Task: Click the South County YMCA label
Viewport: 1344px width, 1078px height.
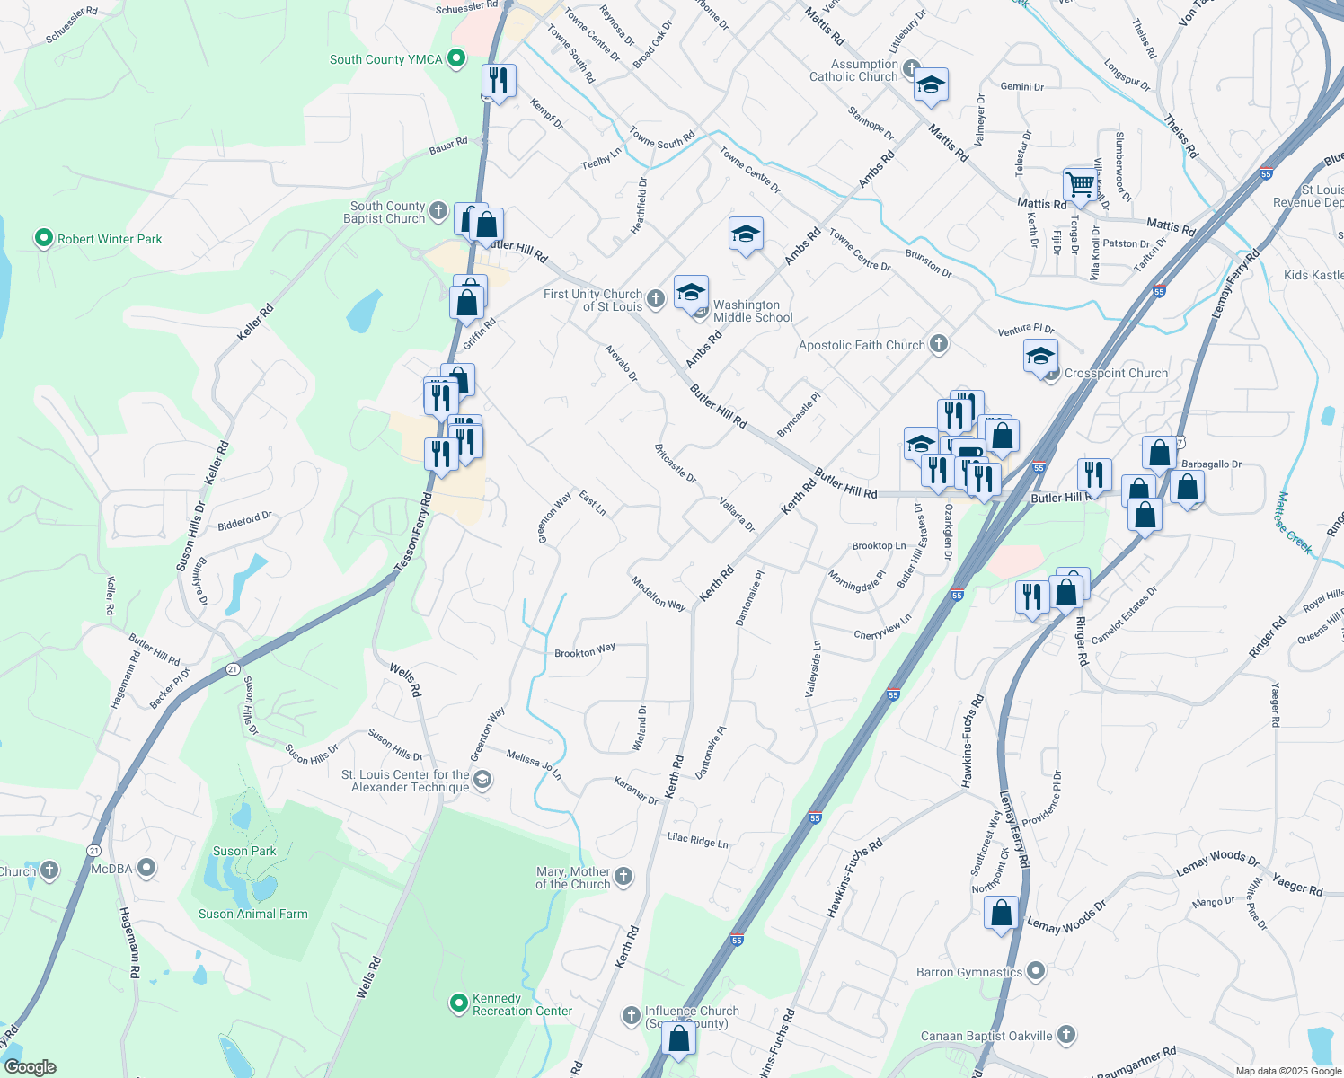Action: point(385,60)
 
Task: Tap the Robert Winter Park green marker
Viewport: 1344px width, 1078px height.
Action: point(43,239)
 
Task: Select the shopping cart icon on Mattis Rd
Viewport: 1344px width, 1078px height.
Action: point(1080,184)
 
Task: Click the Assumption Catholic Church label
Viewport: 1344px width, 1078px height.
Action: point(853,71)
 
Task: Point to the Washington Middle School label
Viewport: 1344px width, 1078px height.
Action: point(752,312)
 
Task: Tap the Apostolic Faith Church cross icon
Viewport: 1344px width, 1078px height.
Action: point(939,344)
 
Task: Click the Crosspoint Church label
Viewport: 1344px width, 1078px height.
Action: point(1116,373)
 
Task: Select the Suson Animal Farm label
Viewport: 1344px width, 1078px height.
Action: point(252,915)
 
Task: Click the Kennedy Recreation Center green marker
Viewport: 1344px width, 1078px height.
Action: point(459,1002)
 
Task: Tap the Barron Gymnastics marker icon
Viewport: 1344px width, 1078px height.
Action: point(1036,971)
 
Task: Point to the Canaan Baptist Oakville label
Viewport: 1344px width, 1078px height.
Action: point(986,1036)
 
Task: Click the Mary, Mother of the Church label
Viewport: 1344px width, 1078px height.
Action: point(572,878)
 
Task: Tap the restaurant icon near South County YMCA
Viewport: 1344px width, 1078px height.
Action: point(498,80)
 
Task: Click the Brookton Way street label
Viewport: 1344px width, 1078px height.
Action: point(585,651)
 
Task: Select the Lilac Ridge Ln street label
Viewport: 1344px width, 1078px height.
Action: point(697,841)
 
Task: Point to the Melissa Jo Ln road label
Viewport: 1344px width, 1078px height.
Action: point(534,764)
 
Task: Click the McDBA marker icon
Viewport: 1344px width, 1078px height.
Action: point(147,868)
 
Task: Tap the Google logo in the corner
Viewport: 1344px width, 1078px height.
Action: point(30,1067)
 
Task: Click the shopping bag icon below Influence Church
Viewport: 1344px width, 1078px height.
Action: point(679,1038)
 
